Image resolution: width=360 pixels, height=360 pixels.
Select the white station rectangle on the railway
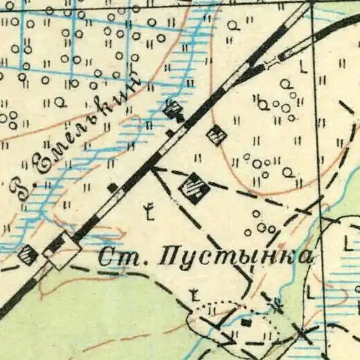[x=62, y=251]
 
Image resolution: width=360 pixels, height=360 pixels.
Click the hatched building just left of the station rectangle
[x=28, y=254]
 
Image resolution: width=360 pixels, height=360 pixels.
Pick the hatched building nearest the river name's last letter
[x=173, y=110]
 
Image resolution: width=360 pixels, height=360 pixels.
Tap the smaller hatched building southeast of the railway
[x=217, y=134]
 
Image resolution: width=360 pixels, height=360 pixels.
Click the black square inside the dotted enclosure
[x=246, y=322]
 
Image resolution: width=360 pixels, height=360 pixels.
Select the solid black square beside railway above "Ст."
[x=112, y=187]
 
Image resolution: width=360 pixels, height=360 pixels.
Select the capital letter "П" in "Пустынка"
[x=169, y=256]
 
